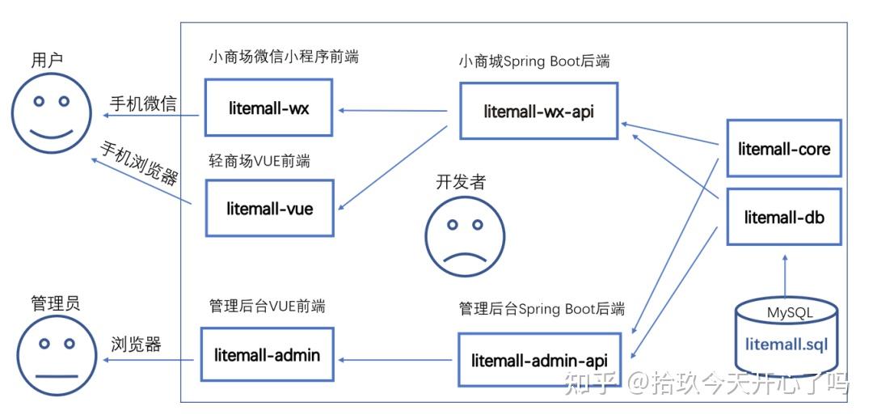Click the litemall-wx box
point(268,108)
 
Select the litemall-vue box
point(269,208)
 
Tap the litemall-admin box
point(267,354)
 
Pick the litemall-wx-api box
point(538,111)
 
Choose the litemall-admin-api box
point(538,359)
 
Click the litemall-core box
point(784,149)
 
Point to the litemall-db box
point(784,216)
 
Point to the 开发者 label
point(461,182)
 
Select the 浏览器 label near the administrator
point(136,345)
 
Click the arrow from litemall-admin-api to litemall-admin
point(396,358)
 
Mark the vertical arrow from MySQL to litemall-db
point(784,277)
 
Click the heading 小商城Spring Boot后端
point(533,62)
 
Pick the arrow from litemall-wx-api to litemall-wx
point(393,110)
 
